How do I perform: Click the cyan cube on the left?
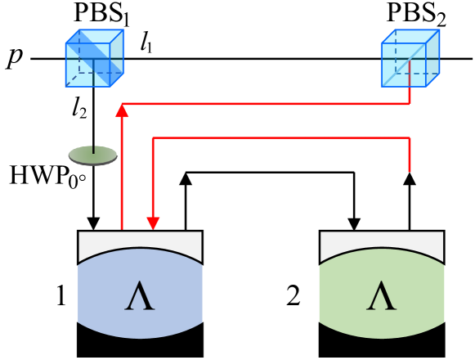(94, 59)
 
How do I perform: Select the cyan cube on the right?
(410, 59)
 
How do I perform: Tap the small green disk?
(92, 155)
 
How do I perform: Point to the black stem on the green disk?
(94, 149)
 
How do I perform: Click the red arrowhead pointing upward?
(122, 110)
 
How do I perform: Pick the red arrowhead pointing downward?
(153, 223)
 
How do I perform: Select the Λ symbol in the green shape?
(382, 296)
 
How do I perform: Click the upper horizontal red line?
(262, 104)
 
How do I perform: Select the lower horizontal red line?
(278, 137)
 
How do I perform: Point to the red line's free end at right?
(410, 170)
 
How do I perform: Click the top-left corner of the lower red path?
(153, 137)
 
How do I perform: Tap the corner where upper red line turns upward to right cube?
(410, 104)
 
